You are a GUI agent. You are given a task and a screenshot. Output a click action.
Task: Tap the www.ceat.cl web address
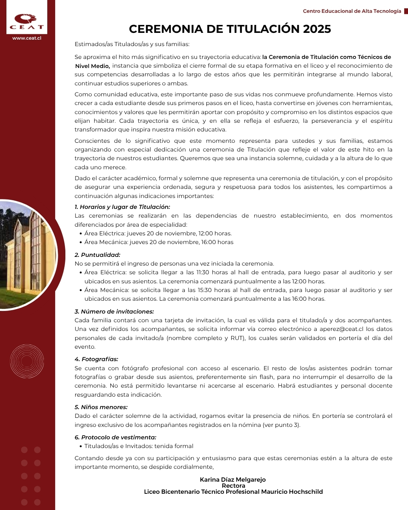[x=27, y=38]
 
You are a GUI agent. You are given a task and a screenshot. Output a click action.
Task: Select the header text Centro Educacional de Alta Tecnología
[x=352, y=11]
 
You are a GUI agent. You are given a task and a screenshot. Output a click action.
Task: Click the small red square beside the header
[x=406, y=11]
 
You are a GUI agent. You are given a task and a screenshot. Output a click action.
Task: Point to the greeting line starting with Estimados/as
[x=132, y=44]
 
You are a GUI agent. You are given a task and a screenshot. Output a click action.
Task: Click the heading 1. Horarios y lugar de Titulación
[x=122, y=207]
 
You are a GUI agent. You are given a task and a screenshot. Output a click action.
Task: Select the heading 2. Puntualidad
[x=97, y=255]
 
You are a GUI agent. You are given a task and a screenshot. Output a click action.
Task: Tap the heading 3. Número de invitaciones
[x=114, y=312]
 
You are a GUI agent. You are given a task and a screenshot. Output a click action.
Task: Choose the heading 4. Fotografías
[x=96, y=359]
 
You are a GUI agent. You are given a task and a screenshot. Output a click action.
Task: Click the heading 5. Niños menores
[x=101, y=407]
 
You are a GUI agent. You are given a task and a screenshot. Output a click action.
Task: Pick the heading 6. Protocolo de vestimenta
[x=115, y=437]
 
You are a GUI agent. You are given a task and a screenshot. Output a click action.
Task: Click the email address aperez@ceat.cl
[x=342, y=329]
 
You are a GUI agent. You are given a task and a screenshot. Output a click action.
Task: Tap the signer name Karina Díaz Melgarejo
[x=233, y=480]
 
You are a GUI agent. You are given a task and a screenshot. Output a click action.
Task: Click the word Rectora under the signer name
[x=233, y=486]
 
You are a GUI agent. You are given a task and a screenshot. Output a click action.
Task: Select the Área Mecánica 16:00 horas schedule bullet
[x=159, y=242]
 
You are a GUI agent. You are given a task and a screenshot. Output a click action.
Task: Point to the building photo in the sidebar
[x=26, y=255]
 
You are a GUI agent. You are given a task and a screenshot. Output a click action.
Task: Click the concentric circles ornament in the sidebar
[x=27, y=361]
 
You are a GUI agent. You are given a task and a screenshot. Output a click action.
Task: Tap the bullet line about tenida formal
[x=139, y=446]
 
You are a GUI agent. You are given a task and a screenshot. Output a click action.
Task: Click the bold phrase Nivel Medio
[x=92, y=66]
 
